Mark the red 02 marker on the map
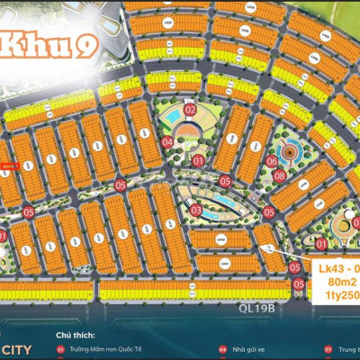pyautogui.click(x=190, y=109)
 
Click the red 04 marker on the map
pyautogui.click(x=168, y=141)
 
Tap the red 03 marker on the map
pyautogui.click(x=195, y=210)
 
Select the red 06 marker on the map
pyautogui.click(x=271, y=160)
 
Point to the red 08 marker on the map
pyautogui.click(x=280, y=175)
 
